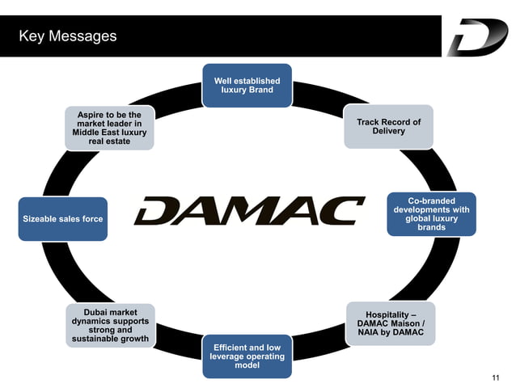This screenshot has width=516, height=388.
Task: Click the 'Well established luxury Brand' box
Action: point(247,86)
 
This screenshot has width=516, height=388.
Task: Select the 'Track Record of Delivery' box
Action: point(388,127)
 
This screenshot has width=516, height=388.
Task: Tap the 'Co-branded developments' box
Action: point(431,214)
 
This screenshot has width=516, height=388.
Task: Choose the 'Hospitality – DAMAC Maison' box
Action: point(390,323)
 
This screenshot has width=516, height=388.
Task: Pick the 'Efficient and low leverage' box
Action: point(247,356)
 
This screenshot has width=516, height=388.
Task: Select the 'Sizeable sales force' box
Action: point(63,218)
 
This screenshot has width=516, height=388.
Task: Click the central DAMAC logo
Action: point(249,212)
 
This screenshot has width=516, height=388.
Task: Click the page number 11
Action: point(496,377)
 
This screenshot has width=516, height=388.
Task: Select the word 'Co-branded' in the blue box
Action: point(431,200)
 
